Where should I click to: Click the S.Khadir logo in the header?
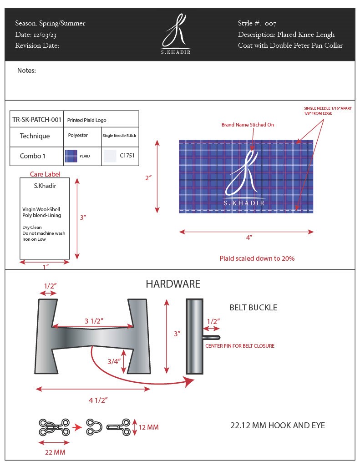176,34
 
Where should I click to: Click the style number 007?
270,24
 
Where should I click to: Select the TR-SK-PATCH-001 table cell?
37,120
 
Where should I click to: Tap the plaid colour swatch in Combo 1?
71,156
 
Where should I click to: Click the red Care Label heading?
45,174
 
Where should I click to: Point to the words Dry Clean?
32,227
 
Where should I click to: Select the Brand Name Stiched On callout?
248,125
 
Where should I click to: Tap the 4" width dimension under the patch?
249,237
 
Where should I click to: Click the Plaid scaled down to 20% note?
257,258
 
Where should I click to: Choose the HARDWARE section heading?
173,284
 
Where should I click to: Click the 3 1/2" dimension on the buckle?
94,321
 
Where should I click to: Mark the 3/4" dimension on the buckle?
114,362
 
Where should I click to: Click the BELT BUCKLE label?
254,308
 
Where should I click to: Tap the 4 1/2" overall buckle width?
98,400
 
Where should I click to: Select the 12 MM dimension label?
149,427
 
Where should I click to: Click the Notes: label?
26,71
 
